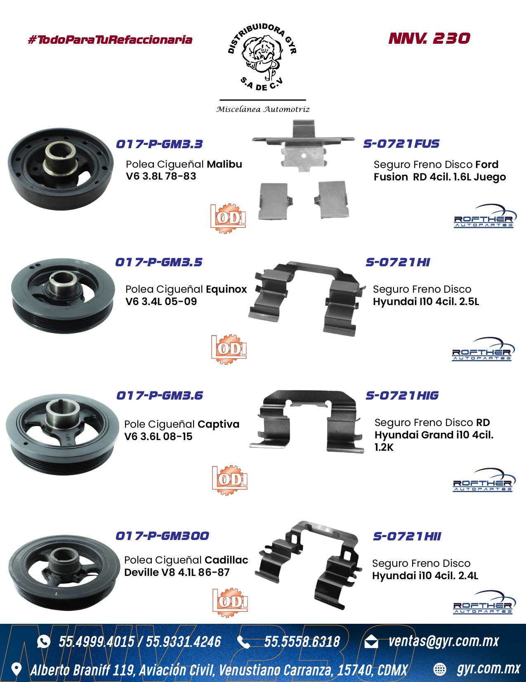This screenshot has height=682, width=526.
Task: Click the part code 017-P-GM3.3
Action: [x=159, y=144]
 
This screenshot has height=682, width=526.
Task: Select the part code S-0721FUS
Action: [x=401, y=144]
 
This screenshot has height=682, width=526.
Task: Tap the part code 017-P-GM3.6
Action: [x=160, y=395]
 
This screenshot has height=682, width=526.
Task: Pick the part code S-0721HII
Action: [x=407, y=536]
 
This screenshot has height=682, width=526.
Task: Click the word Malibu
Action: [x=224, y=164]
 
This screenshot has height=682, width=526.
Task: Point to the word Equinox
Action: [x=226, y=289]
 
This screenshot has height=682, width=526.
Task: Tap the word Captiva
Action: [x=218, y=424]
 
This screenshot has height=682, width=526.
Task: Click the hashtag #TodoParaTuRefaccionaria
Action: [x=110, y=40]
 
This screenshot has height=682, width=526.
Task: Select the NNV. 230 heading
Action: [x=429, y=38]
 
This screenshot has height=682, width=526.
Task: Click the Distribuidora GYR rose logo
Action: [x=262, y=57]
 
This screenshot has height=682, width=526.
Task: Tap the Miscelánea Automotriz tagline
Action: [x=263, y=109]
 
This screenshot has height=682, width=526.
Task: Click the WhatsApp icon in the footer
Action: [x=44, y=642]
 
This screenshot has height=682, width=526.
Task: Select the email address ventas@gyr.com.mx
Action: [x=443, y=641]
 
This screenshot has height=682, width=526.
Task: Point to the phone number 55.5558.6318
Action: [x=302, y=642]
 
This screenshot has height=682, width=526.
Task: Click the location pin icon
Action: [x=17, y=669]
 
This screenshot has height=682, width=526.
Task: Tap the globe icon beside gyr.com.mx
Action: [x=440, y=670]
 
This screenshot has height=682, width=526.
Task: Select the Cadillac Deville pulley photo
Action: [x=64, y=573]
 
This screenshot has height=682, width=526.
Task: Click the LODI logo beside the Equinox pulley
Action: [x=229, y=349]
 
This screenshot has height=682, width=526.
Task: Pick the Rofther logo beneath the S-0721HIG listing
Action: [x=483, y=481]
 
